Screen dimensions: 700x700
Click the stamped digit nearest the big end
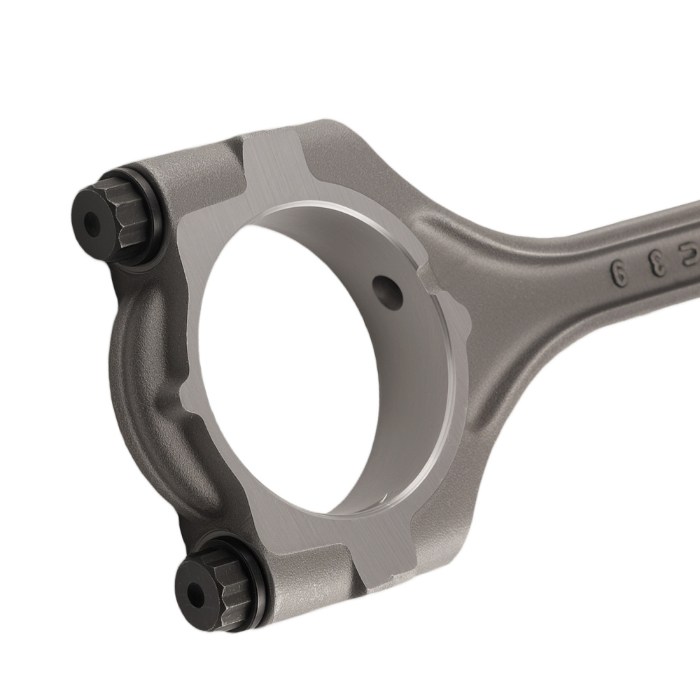[619, 270]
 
